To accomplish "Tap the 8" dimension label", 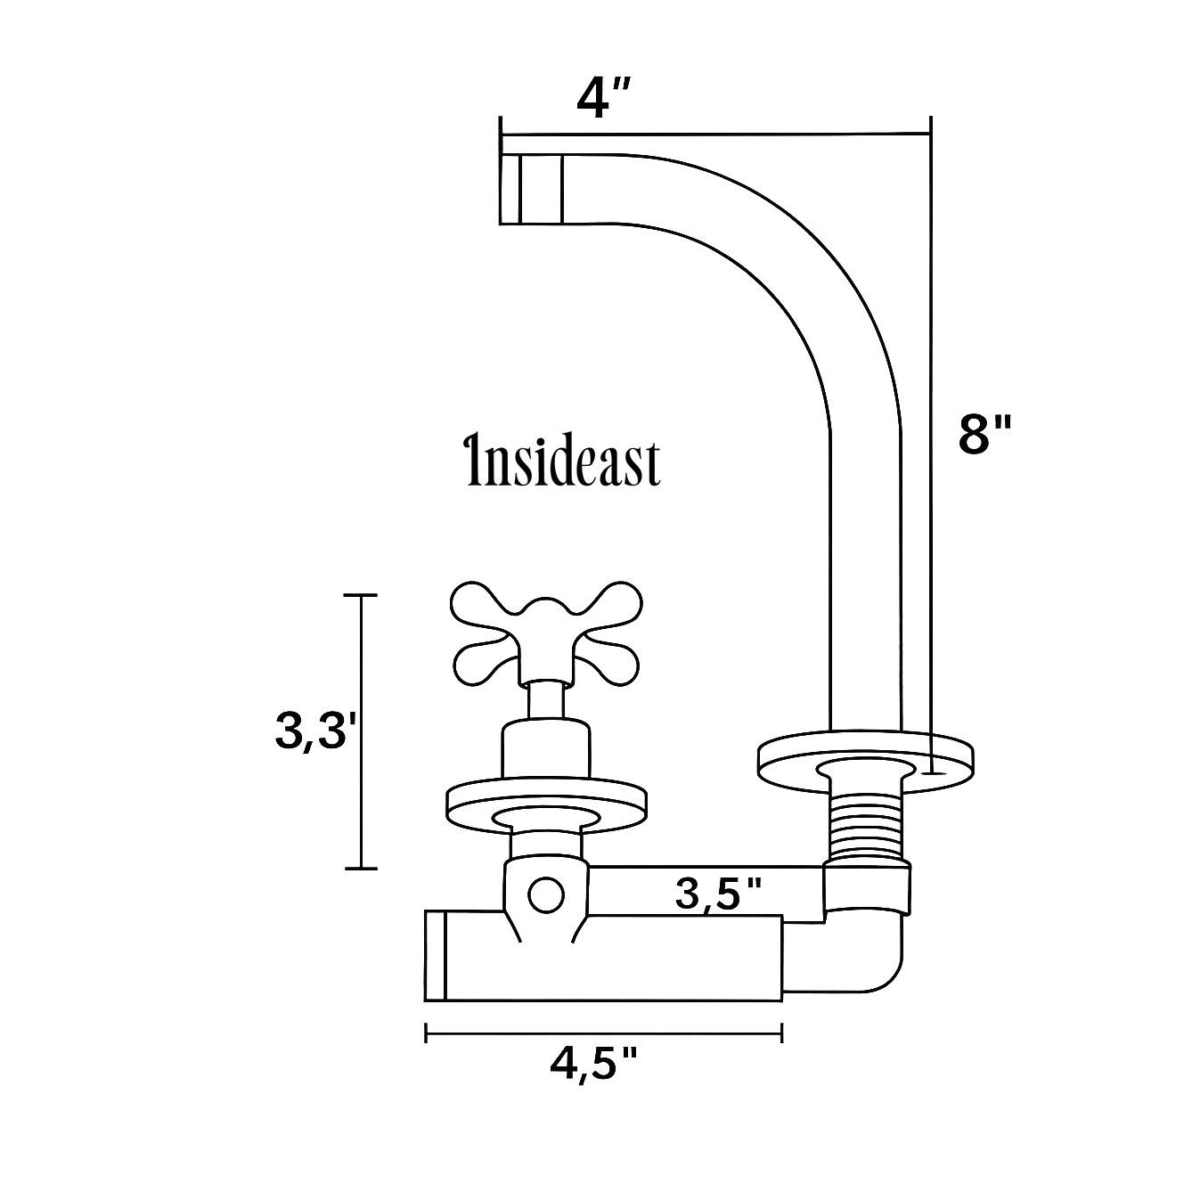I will point(985,436).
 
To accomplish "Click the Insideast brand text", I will point(564,462).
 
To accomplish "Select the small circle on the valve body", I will point(544,894).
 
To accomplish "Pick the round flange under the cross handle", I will point(545,804).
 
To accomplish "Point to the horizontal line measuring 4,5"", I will point(604,1033).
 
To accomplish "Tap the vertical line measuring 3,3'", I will point(361,731).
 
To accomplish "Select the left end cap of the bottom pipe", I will point(435,956).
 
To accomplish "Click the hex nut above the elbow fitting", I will point(867,887).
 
